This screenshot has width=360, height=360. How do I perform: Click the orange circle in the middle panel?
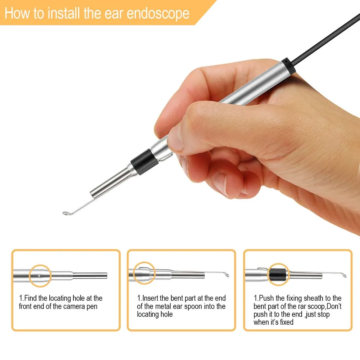(x=144, y=273)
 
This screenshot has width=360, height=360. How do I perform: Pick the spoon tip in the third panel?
(x=345, y=276)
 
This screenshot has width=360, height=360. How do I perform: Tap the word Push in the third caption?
(x=266, y=298)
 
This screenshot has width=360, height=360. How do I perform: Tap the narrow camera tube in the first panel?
(x=90, y=276)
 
